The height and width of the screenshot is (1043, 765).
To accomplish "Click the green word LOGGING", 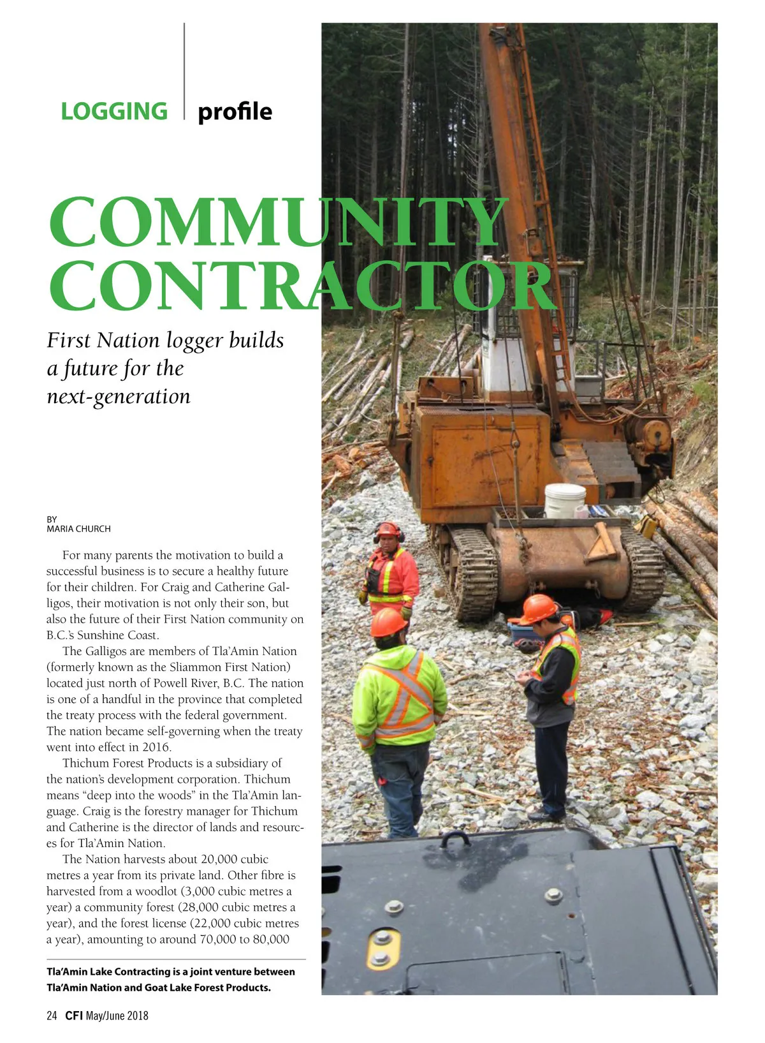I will tap(114, 112).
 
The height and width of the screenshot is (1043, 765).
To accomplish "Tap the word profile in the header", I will tap(235, 112).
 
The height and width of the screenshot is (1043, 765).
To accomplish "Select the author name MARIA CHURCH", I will tap(78, 529).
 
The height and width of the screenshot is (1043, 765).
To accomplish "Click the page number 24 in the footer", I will tap(52, 1016).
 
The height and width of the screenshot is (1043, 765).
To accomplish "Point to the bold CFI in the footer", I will tap(73, 1016).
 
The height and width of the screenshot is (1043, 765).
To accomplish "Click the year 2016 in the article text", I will tap(156, 747).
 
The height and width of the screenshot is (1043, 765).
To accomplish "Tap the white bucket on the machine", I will tap(564, 500).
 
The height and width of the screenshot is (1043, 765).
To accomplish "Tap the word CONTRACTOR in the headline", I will tap(303, 284).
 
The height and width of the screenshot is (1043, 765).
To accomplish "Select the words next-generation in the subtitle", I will tap(119, 396).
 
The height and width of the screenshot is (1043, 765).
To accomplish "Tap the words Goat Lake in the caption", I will tap(193, 988).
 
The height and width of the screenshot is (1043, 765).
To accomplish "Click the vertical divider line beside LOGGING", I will tap(184, 70).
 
